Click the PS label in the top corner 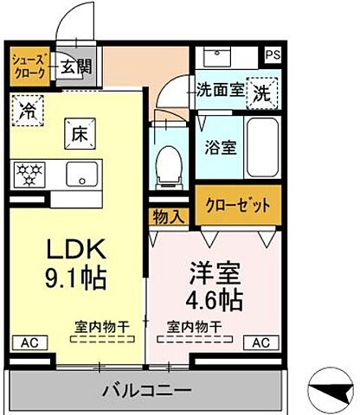(x=273, y=54)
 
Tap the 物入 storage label (x=168, y=216)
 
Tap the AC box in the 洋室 (x=260, y=342)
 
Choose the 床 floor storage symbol (x=78, y=134)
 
